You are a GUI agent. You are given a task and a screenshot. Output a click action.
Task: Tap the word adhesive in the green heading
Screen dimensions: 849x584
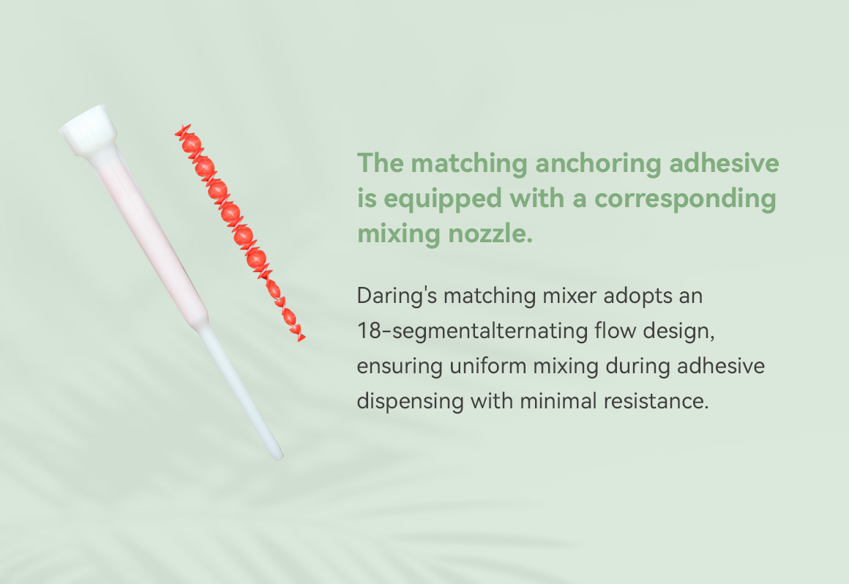[x=725, y=163]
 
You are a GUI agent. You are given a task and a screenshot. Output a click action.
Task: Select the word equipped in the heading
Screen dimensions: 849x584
[x=442, y=199]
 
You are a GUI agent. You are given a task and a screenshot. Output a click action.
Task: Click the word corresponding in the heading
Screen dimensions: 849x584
[x=686, y=199]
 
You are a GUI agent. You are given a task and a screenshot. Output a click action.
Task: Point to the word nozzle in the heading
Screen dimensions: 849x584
[x=490, y=233]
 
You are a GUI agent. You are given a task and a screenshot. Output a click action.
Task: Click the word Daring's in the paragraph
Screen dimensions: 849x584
[x=397, y=296]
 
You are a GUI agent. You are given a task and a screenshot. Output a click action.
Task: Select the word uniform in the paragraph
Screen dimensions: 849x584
[x=488, y=366]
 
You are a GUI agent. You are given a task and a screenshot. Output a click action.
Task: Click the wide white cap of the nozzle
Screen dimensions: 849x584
[x=89, y=130]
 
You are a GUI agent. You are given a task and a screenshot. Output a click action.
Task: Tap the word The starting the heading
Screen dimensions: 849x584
[x=381, y=163]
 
